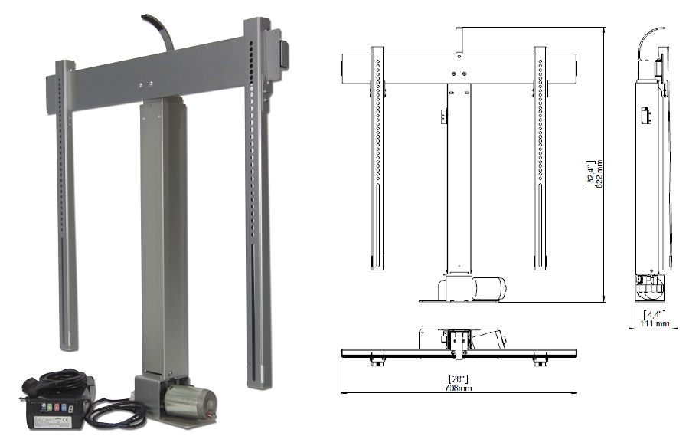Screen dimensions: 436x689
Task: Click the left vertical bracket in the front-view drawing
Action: point(377,157)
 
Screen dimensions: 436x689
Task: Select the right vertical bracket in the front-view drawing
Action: point(540,157)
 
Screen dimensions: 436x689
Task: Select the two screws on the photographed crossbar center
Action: point(145,82)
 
